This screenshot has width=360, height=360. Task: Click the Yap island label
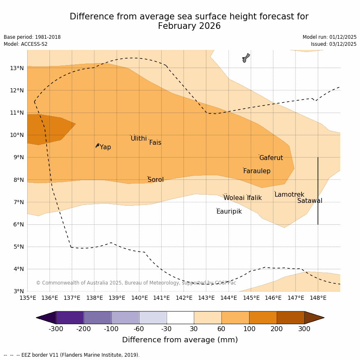click(x=105, y=147)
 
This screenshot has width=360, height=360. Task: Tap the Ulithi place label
click(x=139, y=139)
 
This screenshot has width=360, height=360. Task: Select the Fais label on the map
click(x=155, y=143)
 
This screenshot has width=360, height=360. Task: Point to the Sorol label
click(x=155, y=180)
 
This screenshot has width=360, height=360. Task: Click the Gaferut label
click(x=271, y=158)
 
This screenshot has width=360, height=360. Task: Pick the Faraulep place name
click(x=256, y=171)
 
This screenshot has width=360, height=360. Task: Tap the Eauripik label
click(x=229, y=212)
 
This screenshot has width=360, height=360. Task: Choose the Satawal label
click(x=310, y=201)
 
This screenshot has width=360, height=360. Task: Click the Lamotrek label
click(x=289, y=195)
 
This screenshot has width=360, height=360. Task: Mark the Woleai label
click(x=234, y=198)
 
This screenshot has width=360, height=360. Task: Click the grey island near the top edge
click(x=246, y=58)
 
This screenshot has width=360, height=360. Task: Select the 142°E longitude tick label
click(x=184, y=298)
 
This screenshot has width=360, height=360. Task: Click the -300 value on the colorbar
click(x=56, y=329)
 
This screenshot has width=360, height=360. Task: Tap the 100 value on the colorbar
click(x=249, y=329)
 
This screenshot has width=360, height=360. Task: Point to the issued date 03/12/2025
click(x=342, y=44)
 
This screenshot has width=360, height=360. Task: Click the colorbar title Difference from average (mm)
click(x=180, y=340)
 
